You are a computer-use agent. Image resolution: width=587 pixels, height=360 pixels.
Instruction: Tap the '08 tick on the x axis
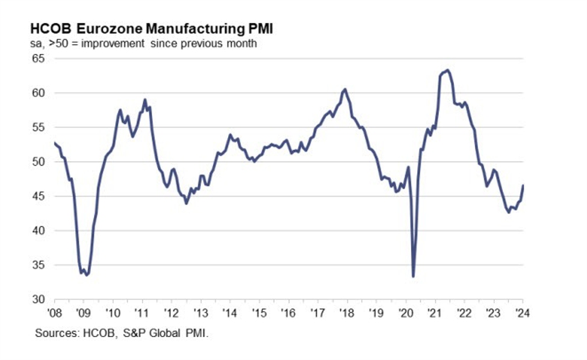coord(55,313)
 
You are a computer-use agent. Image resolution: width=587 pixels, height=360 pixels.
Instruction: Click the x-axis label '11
coord(142,313)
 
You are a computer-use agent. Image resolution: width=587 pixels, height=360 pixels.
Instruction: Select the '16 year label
coord(288,313)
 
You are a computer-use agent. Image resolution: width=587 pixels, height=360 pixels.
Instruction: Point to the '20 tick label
coord(405,313)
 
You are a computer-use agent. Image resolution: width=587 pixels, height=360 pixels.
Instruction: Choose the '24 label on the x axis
coord(521,313)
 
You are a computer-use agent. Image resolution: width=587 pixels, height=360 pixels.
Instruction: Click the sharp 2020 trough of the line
coord(413,276)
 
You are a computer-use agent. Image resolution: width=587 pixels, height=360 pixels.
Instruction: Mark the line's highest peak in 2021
coord(447,70)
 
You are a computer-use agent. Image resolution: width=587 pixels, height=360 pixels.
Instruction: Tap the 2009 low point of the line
coord(87,275)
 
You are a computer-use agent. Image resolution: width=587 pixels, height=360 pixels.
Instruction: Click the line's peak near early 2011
coord(145,99)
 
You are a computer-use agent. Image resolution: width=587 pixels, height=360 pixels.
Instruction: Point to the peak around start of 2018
coord(344,89)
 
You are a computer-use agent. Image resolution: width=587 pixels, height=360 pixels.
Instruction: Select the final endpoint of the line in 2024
coord(523,185)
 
